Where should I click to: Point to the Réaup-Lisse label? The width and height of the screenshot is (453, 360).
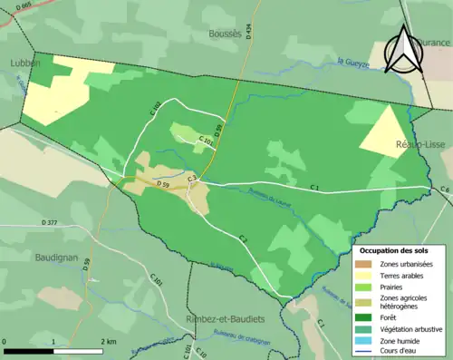click(x=418, y=144)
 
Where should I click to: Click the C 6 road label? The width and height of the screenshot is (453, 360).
click(x=445, y=189)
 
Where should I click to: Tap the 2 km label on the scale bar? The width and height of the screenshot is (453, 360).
click(x=108, y=341)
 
